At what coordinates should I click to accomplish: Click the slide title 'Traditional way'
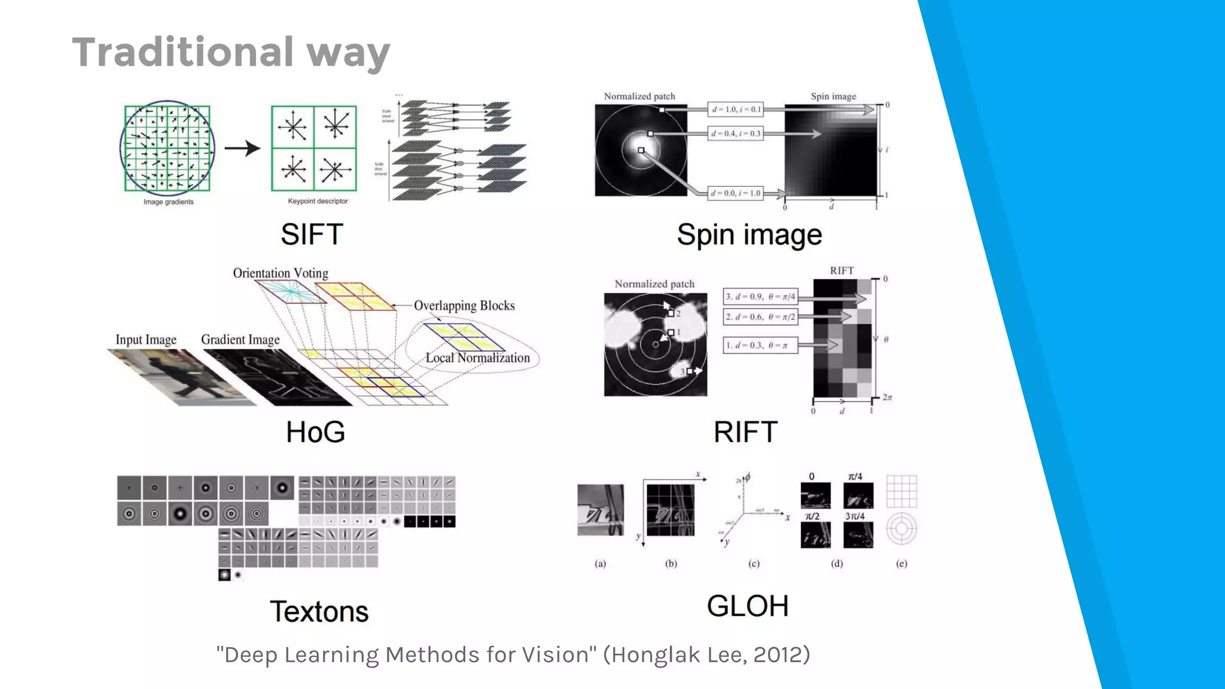(231, 53)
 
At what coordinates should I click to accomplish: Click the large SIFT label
(312, 234)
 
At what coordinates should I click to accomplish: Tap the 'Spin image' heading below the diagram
(749, 235)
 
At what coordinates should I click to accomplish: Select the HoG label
(315, 432)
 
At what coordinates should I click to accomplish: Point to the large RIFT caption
(745, 432)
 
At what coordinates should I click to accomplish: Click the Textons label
(319, 611)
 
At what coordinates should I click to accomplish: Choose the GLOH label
(747, 606)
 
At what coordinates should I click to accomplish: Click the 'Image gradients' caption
(168, 202)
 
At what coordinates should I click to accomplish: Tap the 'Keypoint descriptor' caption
(318, 202)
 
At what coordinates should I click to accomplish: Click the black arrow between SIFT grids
(242, 148)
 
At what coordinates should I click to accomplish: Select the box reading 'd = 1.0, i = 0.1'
(736, 109)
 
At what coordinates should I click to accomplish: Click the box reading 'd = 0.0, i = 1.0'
(736, 193)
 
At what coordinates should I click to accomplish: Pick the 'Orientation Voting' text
(281, 273)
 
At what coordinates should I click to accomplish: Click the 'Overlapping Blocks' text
(464, 306)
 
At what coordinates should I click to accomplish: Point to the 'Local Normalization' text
(477, 358)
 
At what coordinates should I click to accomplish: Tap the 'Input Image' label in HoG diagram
(146, 340)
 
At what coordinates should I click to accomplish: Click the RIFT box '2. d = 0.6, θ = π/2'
(760, 317)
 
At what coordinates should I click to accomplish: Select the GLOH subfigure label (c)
(754, 563)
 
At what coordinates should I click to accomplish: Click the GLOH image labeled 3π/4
(858, 535)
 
